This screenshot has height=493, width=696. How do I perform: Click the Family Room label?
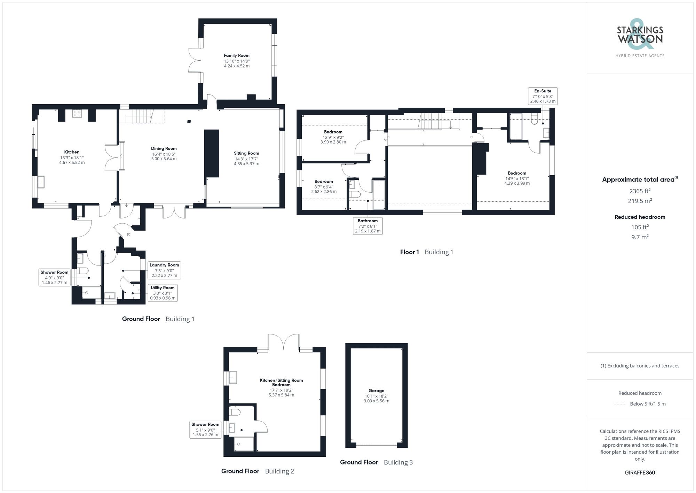[x=236, y=55]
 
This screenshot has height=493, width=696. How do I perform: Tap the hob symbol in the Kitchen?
[x=77, y=114]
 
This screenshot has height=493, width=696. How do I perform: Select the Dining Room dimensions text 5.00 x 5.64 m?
[x=164, y=159]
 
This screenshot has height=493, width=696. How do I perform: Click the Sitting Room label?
[x=246, y=153]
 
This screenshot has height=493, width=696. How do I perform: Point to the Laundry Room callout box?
[x=164, y=270]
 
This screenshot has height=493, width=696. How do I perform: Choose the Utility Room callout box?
[x=163, y=293]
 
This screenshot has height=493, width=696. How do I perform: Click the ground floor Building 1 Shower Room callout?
[x=54, y=277]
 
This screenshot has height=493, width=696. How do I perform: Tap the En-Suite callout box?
[x=543, y=96]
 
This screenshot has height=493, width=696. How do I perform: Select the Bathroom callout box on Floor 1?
[x=367, y=226]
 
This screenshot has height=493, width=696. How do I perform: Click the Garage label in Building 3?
[x=376, y=391]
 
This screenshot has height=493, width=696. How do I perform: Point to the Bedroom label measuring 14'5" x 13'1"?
[x=517, y=173]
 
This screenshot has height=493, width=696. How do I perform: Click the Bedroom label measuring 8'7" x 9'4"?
[x=324, y=182]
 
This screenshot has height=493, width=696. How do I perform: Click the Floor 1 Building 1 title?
[x=426, y=252]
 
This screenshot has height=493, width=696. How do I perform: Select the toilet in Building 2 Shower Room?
[x=235, y=412]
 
